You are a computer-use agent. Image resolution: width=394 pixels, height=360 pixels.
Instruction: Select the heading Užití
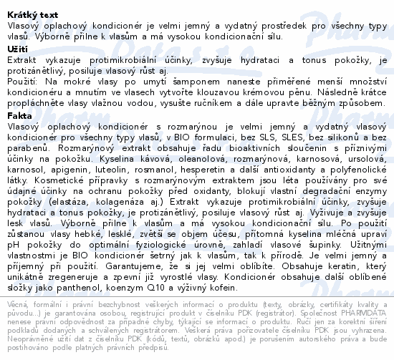point(17,49)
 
